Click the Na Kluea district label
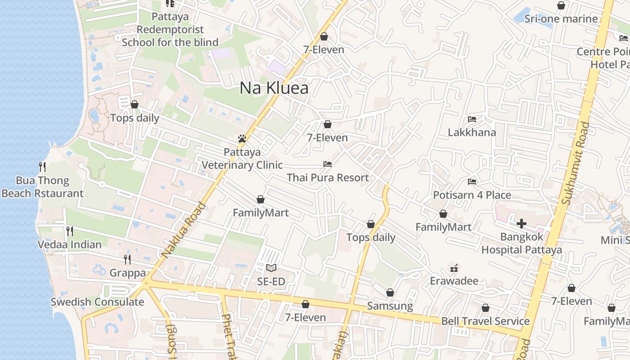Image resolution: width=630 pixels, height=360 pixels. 274,88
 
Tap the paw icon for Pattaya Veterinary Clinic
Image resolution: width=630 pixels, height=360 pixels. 242,139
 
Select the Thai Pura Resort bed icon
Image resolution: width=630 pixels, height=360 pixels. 328,164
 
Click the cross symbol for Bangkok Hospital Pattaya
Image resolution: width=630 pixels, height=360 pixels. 522,223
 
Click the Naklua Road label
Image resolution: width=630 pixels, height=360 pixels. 184,230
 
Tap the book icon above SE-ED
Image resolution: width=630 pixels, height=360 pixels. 271,268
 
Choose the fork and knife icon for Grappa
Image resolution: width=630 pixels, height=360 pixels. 127,259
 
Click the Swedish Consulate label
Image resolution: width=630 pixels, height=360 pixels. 97,302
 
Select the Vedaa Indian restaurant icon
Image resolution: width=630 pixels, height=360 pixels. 70,231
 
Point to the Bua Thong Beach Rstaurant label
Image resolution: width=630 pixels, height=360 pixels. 42,187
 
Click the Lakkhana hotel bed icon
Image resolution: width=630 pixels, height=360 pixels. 472,119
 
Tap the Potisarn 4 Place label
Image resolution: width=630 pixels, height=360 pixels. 472,195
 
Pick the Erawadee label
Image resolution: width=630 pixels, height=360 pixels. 454,281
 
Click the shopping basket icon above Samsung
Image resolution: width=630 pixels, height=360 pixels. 390,292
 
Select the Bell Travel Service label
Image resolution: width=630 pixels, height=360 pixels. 485,321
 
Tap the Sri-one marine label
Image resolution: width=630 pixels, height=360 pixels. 561,19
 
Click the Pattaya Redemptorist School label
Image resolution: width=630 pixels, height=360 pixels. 170,30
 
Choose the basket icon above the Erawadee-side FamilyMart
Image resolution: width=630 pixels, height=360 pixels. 443,214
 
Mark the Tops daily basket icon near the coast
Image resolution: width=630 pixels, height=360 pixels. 135,105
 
